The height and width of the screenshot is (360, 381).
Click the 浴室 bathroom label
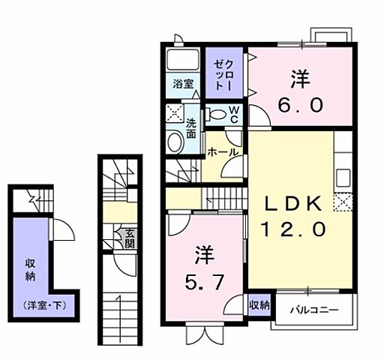[183, 85]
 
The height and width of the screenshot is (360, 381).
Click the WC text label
[235, 113]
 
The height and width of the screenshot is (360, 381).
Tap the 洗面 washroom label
[191, 129]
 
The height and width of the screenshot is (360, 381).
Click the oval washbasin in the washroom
[175, 142]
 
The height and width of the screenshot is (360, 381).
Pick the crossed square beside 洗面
[175, 115]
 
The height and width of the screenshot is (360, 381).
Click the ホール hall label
[223, 152]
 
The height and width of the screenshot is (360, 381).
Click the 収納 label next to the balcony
[259, 305]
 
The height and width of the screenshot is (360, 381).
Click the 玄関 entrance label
[130, 238]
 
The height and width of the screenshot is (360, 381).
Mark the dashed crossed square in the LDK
[343, 202]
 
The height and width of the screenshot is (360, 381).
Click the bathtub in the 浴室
[181, 61]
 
